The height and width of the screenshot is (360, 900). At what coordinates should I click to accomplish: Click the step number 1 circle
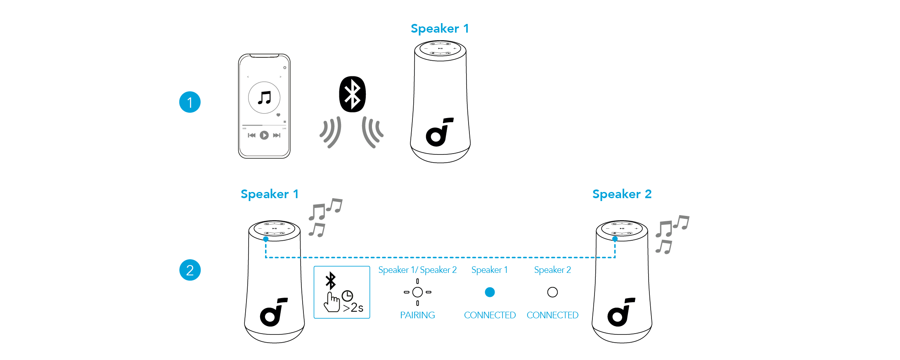click(189, 102)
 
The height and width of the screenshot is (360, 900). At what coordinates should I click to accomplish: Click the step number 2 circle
click(189, 270)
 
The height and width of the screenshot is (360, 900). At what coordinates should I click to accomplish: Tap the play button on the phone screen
click(264, 135)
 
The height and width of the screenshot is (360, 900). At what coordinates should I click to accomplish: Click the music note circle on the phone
click(264, 98)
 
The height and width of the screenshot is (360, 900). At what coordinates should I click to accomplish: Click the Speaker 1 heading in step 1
click(439, 28)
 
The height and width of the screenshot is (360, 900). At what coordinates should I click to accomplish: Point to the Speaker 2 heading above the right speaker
click(621, 194)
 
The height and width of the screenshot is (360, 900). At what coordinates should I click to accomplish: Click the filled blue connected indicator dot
click(490, 292)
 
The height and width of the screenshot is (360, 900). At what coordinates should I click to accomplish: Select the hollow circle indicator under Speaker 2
click(552, 292)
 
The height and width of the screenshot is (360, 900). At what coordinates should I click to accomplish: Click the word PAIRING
click(417, 315)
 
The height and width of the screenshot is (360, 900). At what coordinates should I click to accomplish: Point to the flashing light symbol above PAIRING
click(417, 292)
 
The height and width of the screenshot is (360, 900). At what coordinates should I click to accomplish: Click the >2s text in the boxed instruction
click(353, 308)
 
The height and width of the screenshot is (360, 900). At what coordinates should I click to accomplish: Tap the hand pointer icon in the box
click(332, 302)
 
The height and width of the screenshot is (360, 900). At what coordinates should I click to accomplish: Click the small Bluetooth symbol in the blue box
click(331, 281)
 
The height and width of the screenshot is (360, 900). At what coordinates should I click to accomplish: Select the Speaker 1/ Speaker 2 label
click(417, 270)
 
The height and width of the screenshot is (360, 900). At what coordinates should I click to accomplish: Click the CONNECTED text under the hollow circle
click(552, 315)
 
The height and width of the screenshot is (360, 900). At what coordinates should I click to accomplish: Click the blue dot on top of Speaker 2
click(615, 239)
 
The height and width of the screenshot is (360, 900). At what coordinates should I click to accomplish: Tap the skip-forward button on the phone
click(277, 135)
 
